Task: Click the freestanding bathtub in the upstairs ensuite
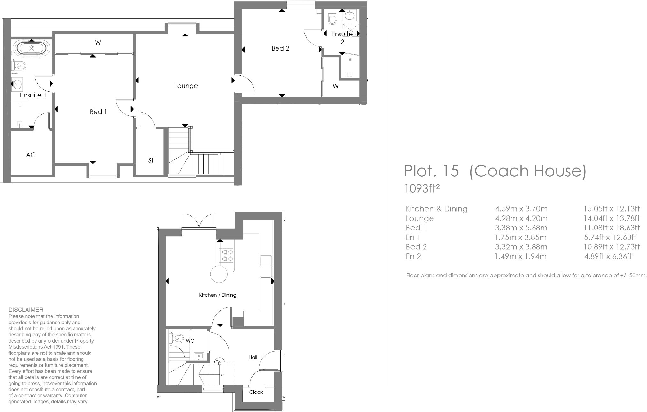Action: tap(32, 49)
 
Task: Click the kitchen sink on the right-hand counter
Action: tap(266, 261)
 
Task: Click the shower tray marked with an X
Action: tap(351, 30)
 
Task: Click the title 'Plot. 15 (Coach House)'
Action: tap(495, 171)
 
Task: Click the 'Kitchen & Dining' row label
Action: tap(436, 209)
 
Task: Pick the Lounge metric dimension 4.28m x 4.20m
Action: tap(521, 219)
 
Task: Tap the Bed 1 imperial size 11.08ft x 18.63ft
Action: tap(612, 228)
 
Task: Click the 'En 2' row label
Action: tap(413, 256)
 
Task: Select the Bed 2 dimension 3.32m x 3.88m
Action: tap(521, 247)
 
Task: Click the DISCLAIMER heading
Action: tap(26, 310)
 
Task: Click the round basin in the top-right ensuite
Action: tap(350, 15)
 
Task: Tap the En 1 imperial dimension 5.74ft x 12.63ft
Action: tap(610, 237)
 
